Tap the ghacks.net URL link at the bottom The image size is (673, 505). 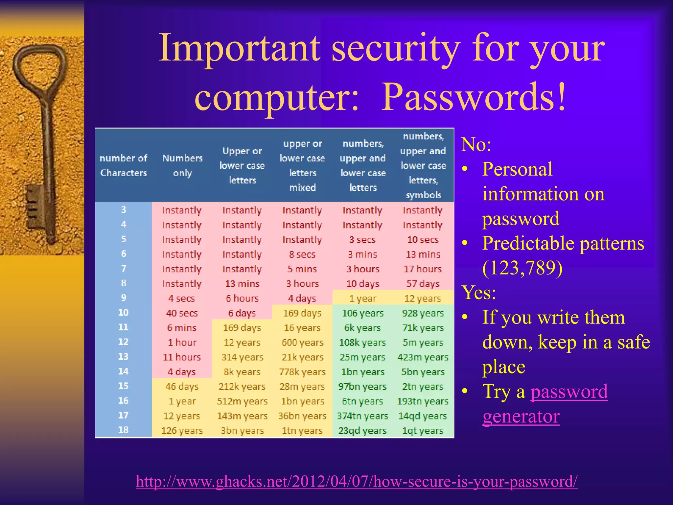point(357,482)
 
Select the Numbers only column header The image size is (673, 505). point(182,165)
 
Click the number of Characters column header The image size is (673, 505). point(124,165)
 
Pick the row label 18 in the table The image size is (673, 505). point(123,430)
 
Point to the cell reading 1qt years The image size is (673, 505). point(423,431)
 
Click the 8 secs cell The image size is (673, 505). point(302,254)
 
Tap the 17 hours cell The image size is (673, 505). point(423,269)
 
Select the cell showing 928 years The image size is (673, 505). point(423,313)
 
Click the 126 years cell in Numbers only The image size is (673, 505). point(182,431)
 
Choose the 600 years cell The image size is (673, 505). point(302,343)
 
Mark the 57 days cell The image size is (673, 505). point(423,284)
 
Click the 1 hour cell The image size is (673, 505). point(182,343)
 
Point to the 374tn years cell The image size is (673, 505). point(362,416)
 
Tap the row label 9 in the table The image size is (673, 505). point(124,298)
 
